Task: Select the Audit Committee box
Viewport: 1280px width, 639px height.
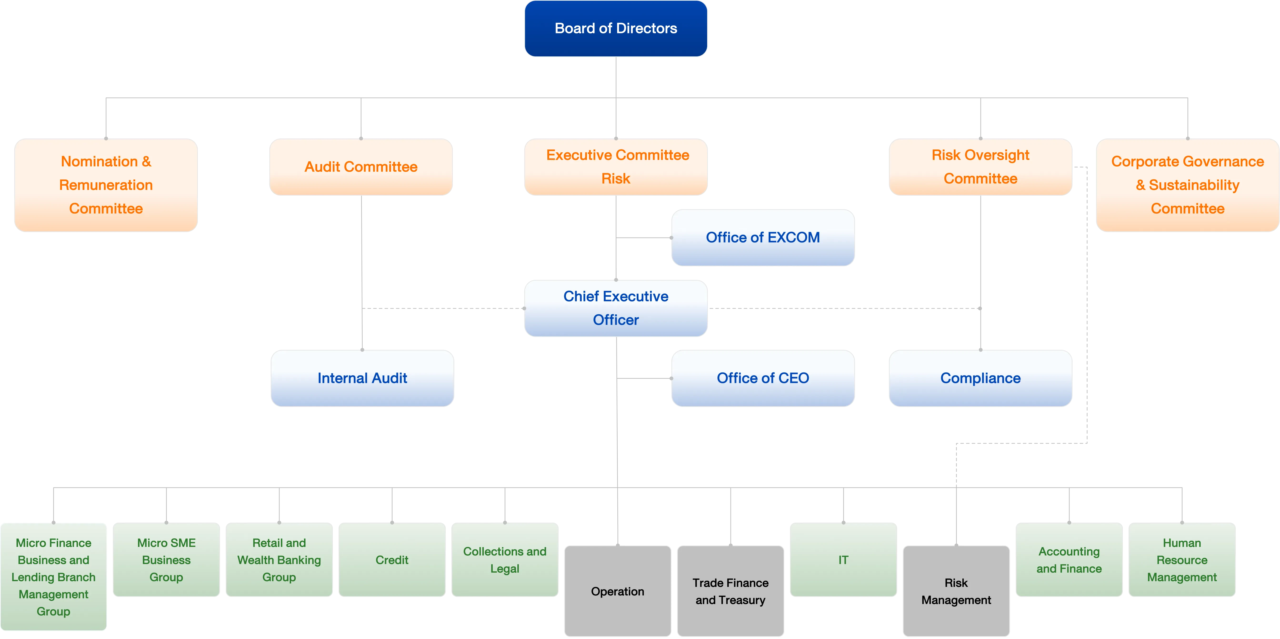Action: tap(361, 167)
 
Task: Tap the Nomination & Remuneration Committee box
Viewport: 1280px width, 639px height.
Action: tap(106, 185)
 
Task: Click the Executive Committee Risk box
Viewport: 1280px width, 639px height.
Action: tap(616, 167)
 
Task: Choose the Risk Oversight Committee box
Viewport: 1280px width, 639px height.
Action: tap(980, 167)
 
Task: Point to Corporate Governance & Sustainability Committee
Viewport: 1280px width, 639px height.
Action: tap(1187, 185)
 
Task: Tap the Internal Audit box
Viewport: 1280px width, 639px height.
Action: tap(362, 378)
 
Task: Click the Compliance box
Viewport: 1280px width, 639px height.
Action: tap(980, 378)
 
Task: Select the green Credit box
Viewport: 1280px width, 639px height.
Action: tap(392, 560)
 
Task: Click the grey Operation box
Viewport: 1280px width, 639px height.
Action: tap(618, 591)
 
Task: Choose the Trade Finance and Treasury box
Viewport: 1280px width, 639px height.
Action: tap(730, 591)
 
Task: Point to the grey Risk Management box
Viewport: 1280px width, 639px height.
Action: tap(956, 591)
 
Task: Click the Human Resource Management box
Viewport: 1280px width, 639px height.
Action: tap(1182, 560)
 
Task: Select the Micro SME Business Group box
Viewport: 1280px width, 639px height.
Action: tap(166, 560)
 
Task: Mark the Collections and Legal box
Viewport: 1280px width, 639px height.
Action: tap(505, 560)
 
